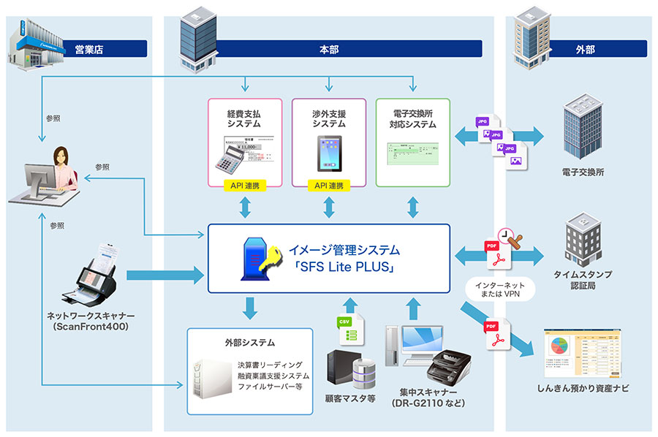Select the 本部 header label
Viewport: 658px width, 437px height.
coord(328,50)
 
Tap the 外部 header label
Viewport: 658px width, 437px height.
coord(585,50)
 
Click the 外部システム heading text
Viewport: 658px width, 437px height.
coord(249,342)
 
